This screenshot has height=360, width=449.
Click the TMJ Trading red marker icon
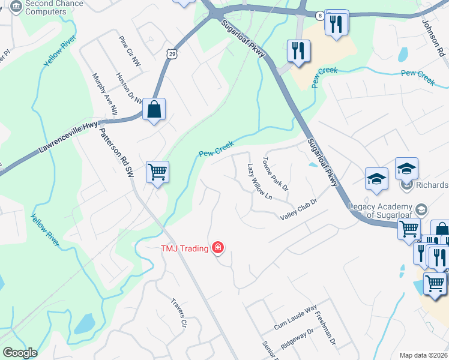[x=217, y=248]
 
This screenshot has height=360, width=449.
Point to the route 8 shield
[x=321, y=15]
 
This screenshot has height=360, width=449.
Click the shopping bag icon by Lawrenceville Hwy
[x=154, y=110]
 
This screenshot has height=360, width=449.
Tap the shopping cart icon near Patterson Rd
[x=158, y=172]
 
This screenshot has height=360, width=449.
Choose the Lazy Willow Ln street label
[x=260, y=182]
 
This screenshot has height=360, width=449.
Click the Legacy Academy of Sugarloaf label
[x=382, y=210]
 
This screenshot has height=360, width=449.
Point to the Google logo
[x=20, y=353]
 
